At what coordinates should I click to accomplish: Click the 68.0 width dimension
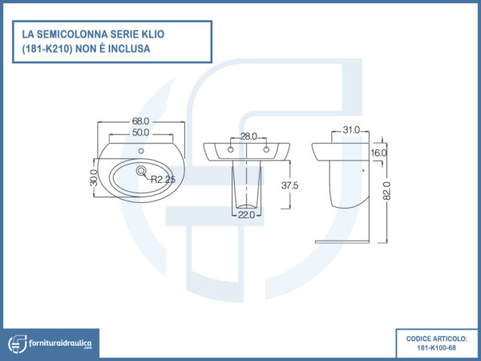coord(141,122)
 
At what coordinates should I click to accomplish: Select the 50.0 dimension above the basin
coord(141,132)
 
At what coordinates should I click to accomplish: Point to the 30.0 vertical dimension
coord(93,177)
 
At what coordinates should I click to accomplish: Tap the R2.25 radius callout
coord(163,180)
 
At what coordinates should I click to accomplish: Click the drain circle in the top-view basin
coord(141,170)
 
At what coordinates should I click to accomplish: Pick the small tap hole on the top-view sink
coord(141,152)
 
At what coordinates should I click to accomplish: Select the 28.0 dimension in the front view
coord(248,136)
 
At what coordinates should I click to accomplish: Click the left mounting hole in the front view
coord(232,150)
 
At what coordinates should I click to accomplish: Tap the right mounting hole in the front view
coord(265,150)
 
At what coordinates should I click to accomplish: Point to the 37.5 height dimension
coord(290,185)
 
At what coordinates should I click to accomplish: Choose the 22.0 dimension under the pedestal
coord(245,214)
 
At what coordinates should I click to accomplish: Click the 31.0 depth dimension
coord(350,130)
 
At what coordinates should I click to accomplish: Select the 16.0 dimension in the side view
coord(378,152)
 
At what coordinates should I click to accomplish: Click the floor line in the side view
coord(344,241)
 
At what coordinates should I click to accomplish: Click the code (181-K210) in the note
coord(52,49)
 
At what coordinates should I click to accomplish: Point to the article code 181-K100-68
coord(437,348)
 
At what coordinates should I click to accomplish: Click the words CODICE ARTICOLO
coord(437,338)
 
